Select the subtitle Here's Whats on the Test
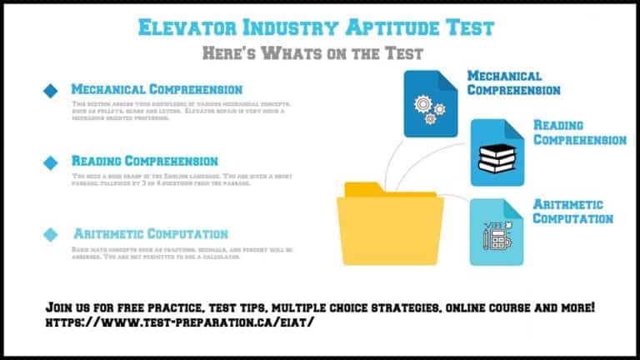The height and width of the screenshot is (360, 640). click(x=320, y=53)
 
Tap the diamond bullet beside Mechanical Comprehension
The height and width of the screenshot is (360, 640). click(x=52, y=90)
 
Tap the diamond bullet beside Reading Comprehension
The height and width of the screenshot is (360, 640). click(x=52, y=162)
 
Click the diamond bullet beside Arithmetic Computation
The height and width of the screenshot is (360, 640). click(x=52, y=235)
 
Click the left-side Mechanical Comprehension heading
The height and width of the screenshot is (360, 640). click(x=157, y=88)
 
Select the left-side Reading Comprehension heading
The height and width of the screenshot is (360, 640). click(x=144, y=161)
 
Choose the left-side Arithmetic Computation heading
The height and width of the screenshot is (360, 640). click(x=150, y=233)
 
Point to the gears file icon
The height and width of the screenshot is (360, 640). click(x=431, y=104)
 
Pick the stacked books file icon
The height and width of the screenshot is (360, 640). click(x=497, y=152)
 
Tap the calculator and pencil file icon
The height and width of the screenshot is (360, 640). click(x=496, y=232)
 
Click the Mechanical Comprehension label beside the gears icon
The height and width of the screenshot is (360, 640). click(x=513, y=82)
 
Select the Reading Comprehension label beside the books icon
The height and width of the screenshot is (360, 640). click(x=579, y=132)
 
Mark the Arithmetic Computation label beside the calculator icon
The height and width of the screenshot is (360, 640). click(x=572, y=211)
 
